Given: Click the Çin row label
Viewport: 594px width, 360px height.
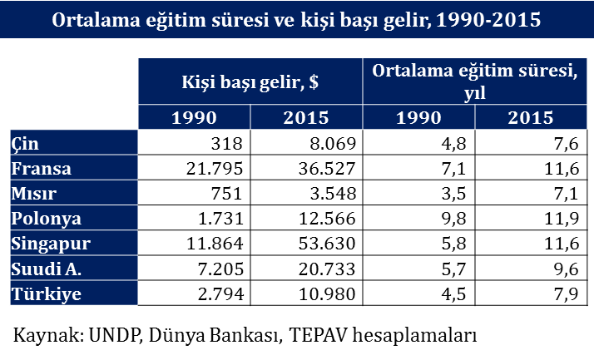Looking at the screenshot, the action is click(x=25, y=144).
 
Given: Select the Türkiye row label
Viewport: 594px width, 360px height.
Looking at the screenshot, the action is click(x=47, y=294).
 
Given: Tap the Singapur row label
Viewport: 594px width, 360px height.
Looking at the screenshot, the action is click(x=51, y=244).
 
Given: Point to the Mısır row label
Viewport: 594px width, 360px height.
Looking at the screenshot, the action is click(x=34, y=194).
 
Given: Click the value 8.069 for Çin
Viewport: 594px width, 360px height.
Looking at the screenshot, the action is click(x=333, y=144).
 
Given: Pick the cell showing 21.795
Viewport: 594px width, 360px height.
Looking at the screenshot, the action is click(x=215, y=169).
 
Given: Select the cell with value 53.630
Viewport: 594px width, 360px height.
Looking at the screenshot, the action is click(x=327, y=244).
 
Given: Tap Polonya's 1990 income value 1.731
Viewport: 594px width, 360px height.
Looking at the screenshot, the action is click(x=220, y=219).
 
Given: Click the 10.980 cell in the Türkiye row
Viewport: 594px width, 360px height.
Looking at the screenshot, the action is click(x=327, y=294).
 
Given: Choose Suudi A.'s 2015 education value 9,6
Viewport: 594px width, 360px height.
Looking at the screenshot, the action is click(x=567, y=269).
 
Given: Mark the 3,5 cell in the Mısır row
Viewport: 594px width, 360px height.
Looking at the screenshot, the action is click(x=454, y=194).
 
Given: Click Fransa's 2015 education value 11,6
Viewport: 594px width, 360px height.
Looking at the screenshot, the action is click(x=562, y=169).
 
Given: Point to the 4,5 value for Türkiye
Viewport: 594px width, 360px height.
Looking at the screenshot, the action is click(x=454, y=294).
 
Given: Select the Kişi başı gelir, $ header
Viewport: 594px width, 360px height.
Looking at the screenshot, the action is click(x=250, y=81).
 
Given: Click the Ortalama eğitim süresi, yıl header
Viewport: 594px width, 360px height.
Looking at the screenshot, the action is click(x=475, y=81).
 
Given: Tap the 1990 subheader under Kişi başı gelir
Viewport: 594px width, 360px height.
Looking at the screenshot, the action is click(x=194, y=117).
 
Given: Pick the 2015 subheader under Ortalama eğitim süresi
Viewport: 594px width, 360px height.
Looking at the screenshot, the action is click(x=531, y=117).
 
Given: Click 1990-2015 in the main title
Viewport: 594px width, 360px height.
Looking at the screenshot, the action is click(x=488, y=19).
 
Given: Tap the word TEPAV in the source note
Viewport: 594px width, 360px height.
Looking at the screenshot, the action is click(x=318, y=335).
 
